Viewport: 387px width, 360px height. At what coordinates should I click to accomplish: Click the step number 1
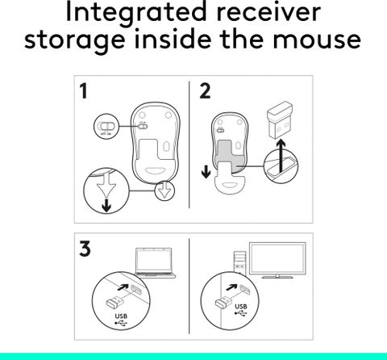85,91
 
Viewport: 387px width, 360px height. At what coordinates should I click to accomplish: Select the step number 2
206,91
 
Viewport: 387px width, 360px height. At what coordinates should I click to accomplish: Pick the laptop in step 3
154,262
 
